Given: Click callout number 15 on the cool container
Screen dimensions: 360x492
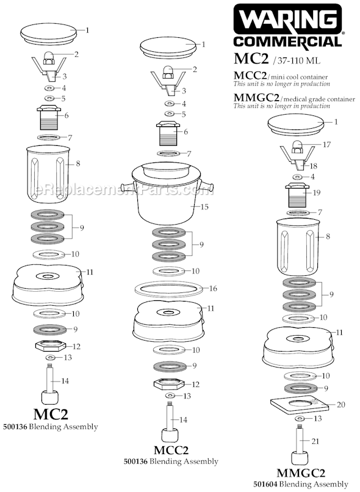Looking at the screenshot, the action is pyautogui.click(x=204, y=207).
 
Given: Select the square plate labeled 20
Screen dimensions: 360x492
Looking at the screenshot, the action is pyautogui.click(x=300, y=405).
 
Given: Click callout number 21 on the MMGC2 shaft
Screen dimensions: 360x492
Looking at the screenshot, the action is pyautogui.click(x=315, y=441).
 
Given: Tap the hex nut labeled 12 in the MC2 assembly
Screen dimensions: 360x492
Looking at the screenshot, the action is pyautogui.click(x=50, y=346).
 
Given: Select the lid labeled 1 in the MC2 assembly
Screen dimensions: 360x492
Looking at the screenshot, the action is pyautogui.click(x=49, y=34).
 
